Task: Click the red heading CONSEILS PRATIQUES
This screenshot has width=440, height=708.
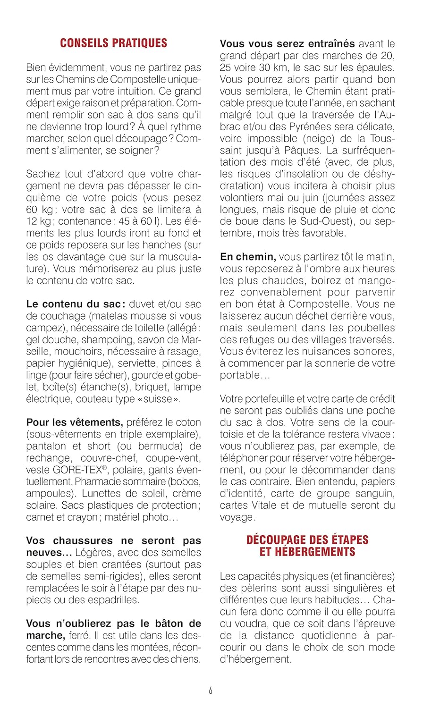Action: [x=113, y=43]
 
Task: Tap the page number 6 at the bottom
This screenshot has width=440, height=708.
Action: [x=211, y=691]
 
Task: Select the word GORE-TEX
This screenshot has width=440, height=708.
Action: [x=77, y=470]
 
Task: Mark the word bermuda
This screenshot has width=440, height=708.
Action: [x=159, y=446]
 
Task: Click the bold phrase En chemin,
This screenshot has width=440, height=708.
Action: [x=248, y=257]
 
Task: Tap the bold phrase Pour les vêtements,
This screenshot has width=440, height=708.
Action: [x=75, y=422]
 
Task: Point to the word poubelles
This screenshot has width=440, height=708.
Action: [x=368, y=328]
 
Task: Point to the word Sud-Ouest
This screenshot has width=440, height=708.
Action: [x=324, y=221]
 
